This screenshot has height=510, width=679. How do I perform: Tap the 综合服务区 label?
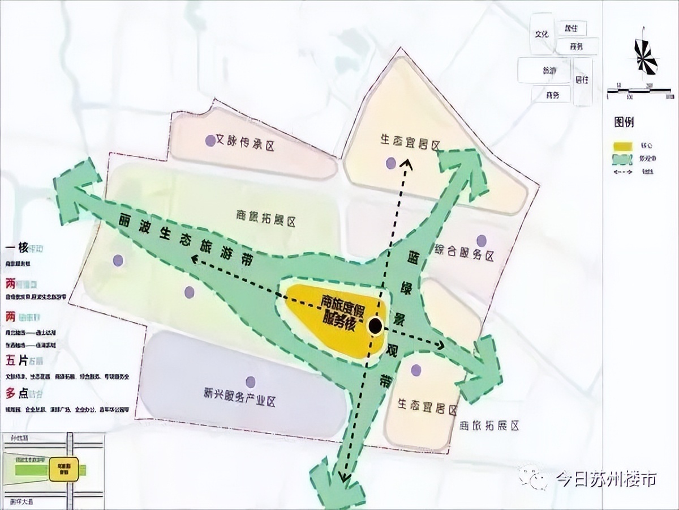[x=464, y=256]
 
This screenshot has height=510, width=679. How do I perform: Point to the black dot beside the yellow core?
[x=375, y=326]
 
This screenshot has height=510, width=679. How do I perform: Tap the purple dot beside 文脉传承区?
[x=210, y=140]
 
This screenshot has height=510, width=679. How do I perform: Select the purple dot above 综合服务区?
[x=481, y=240]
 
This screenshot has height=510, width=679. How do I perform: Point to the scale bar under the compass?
[x=639, y=90]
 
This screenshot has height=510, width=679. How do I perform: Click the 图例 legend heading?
[x=624, y=122]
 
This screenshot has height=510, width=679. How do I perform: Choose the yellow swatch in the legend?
[x=623, y=146]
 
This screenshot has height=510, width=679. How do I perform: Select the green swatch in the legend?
[x=623, y=159]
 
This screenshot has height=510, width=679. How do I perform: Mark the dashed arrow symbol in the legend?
[x=623, y=172]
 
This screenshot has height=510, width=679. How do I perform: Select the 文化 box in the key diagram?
[x=542, y=34]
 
